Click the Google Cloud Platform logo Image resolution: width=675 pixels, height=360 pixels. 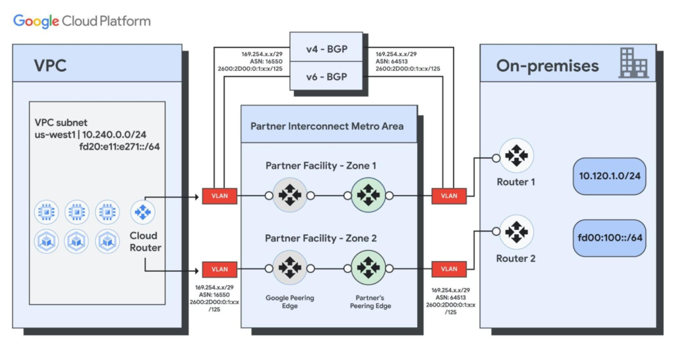coord(82,21)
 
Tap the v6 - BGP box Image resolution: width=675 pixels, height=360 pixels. coord(326,76)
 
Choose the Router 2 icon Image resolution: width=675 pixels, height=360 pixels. coord(515,231)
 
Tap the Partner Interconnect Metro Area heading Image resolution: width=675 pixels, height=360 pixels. coord(328,125)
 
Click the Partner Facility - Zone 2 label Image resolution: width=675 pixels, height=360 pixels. coord(321,238)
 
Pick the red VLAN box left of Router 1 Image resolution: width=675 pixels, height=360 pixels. coord(449,195)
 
